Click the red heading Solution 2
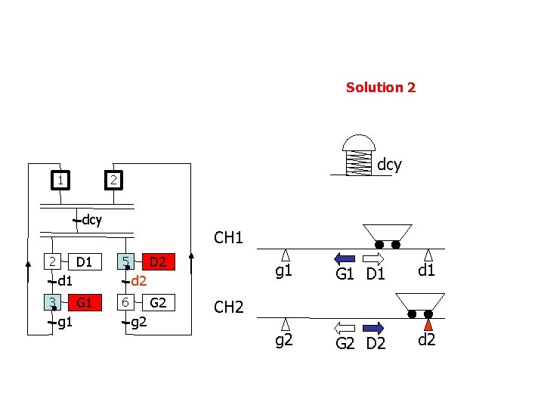(380, 87)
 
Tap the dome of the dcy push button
(359, 144)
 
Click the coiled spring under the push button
(359, 162)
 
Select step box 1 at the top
(59, 180)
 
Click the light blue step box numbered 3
(52, 303)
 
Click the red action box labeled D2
(158, 262)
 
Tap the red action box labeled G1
(84, 303)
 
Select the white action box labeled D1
(84, 262)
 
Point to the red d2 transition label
(138, 282)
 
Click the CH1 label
(228, 238)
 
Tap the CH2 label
(228, 307)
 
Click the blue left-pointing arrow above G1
(344, 258)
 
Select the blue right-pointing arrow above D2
(374, 327)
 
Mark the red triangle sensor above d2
(428, 324)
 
